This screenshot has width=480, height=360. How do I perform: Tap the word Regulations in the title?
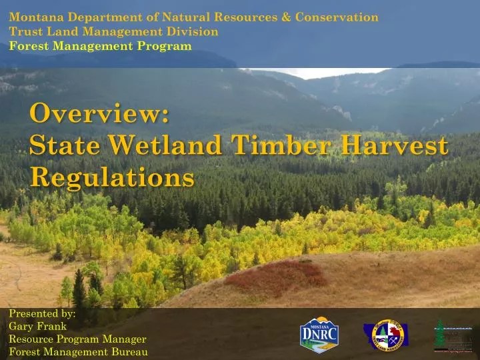coord(112,177)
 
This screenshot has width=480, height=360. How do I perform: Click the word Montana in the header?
coord(34,17)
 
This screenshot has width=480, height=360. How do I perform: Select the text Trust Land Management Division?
coord(113,31)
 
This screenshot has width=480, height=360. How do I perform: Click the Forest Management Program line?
coord(100,45)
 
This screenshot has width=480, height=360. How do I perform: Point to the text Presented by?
coord(42,313)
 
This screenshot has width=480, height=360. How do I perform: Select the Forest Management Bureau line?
coord(78,352)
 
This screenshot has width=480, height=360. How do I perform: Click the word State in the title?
coord(61,145)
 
